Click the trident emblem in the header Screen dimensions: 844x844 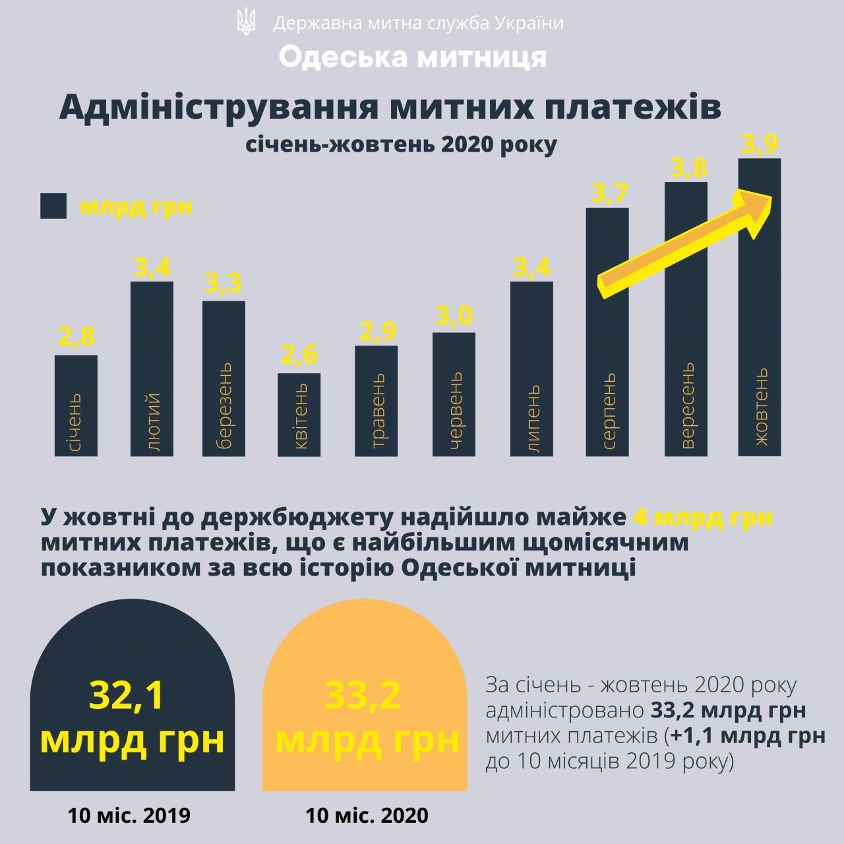pos(246,23)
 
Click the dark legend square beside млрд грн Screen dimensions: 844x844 pos(53,206)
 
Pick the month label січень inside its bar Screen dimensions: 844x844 pos(75,422)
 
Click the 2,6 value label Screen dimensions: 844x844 pos(299,355)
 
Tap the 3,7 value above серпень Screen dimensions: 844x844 pos(609,193)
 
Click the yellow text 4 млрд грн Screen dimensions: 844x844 pos(702,517)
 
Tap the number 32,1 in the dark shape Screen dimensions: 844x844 pos(127,696)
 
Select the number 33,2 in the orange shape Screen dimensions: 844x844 pos(363,696)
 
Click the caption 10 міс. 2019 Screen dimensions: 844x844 pos(129,816)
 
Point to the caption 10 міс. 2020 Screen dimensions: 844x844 pos(367,816)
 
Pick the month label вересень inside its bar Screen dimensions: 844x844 pos(687,406)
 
